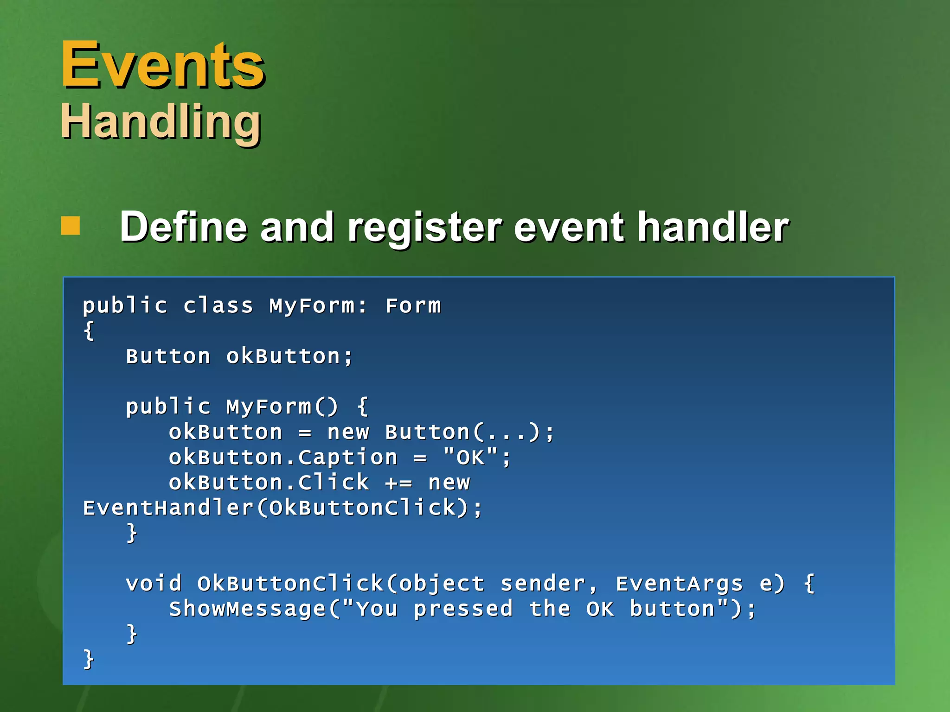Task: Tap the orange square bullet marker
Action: [x=71, y=226]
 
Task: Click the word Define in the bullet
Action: [x=183, y=227]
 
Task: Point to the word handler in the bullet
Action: [x=712, y=227]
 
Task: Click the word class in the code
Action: [x=218, y=306]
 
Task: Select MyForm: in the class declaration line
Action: [x=318, y=306]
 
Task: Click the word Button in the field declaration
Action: [x=168, y=356]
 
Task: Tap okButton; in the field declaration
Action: [x=289, y=356]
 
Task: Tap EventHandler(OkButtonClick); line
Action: [x=283, y=508]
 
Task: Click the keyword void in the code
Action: [x=154, y=584]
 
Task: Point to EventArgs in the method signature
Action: [x=679, y=584]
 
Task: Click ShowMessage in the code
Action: [x=248, y=609]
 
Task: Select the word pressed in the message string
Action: [x=463, y=609]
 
